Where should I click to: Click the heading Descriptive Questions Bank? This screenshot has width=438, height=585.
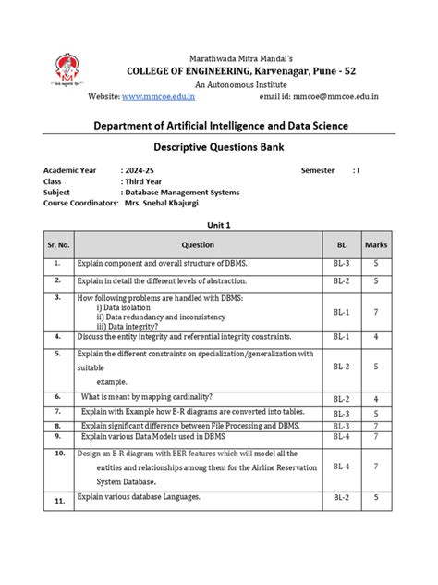219,146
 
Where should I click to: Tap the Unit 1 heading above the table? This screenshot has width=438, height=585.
218,225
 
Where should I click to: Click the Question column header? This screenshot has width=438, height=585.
197,245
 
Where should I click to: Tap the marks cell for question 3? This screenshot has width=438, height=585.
375,313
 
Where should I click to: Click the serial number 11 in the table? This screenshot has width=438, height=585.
58,500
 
